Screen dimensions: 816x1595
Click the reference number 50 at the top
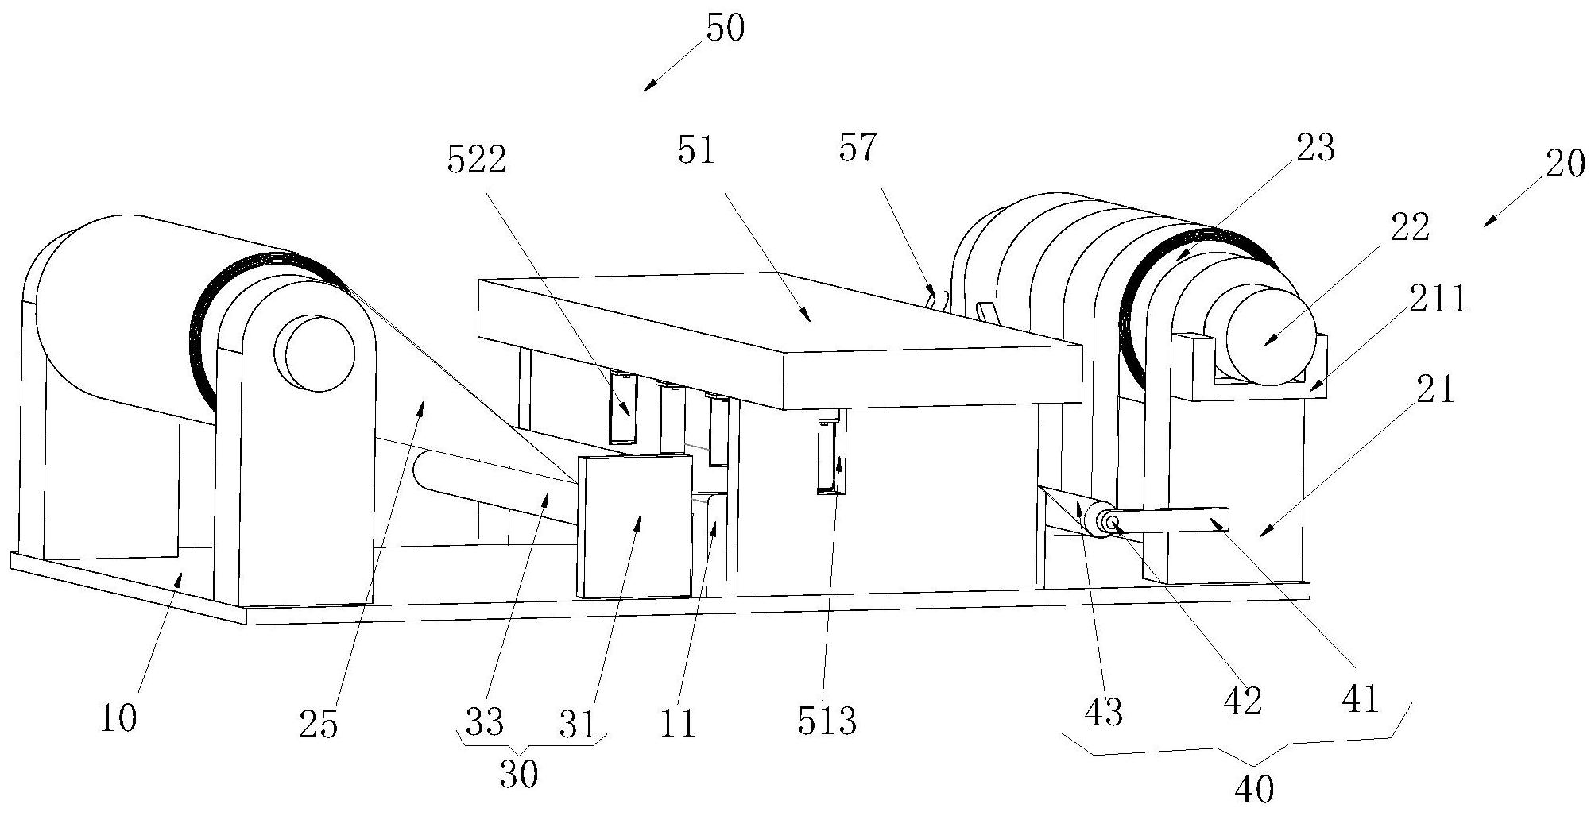point(724,29)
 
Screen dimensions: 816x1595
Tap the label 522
point(477,161)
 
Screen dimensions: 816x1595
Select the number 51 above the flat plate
point(697,150)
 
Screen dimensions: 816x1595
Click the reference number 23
point(1314,148)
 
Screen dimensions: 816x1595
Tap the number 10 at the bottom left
point(118,718)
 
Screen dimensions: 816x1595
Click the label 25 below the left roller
point(319,725)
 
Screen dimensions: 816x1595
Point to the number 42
point(1243,701)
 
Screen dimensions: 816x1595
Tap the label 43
point(1103,712)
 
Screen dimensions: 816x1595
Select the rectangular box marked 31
point(636,526)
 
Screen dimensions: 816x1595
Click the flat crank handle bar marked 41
point(1176,520)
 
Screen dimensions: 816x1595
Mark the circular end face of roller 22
point(1268,336)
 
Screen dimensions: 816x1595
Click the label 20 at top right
point(1565,164)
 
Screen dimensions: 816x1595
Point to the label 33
point(485,721)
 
